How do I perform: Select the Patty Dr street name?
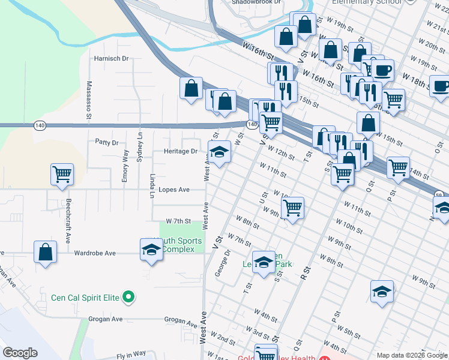tap(106, 143)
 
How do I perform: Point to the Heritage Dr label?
tap(181, 151)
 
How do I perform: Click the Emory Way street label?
tap(125, 166)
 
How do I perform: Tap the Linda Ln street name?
tap(152, 185)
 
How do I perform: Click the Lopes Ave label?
tap(173, 190)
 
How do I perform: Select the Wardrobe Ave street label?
tap(94, 253)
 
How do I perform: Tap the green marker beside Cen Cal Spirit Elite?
tap(127, 296)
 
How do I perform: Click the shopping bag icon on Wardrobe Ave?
tap(46, 252)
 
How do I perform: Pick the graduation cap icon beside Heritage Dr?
tap(220, 151)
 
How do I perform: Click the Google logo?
tap(20, 353)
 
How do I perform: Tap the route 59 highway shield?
tap(439, 195)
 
